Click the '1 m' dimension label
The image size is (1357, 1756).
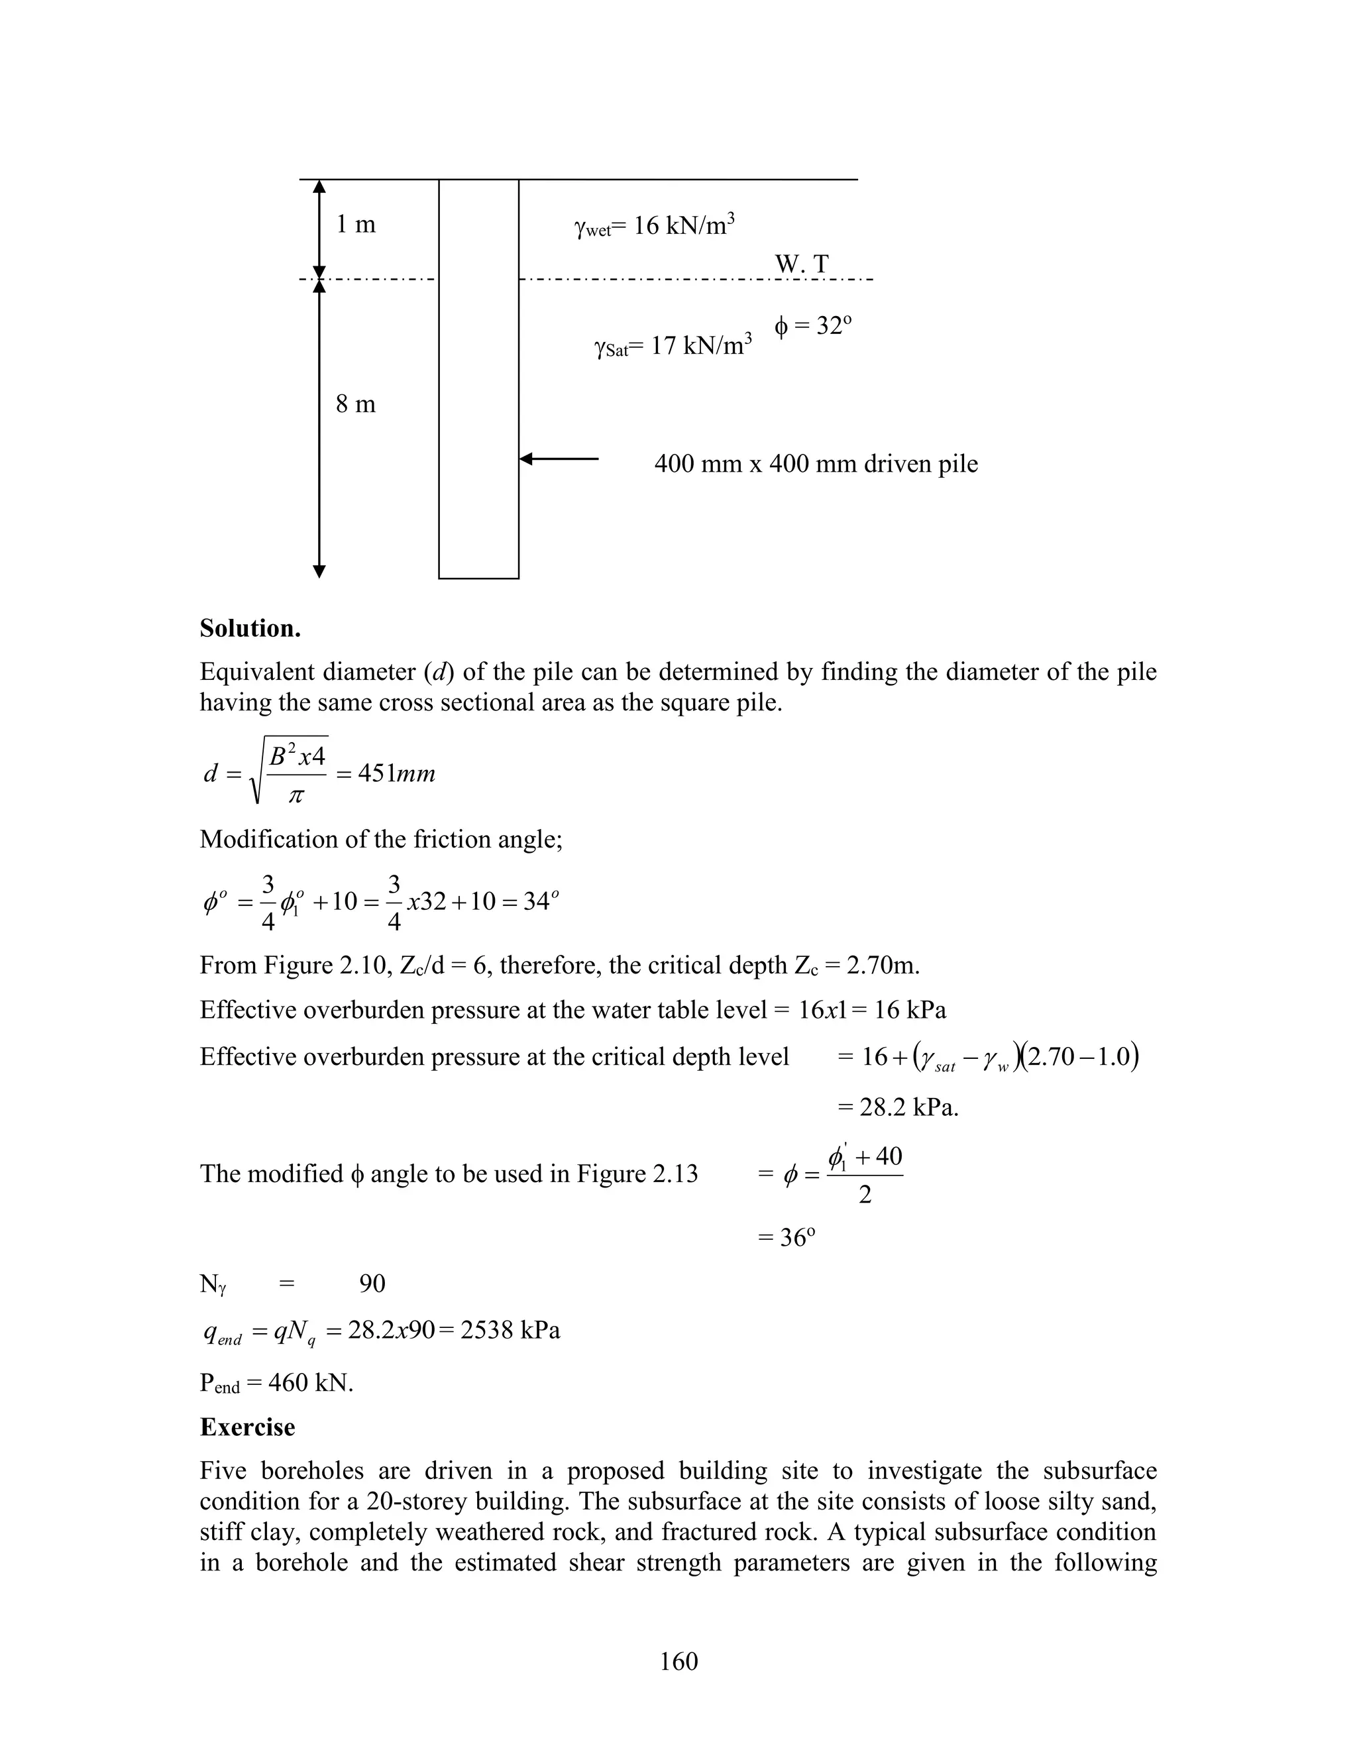355,225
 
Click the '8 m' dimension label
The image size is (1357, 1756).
355,404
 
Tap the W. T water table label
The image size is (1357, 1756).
802,264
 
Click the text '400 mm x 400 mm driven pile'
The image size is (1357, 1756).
815,464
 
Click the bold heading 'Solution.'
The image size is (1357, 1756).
250,628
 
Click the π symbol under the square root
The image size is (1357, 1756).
296,796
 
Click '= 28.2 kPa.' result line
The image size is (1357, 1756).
898,1107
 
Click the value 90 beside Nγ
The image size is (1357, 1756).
372,1284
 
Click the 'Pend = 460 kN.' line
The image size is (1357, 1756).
276,1383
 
